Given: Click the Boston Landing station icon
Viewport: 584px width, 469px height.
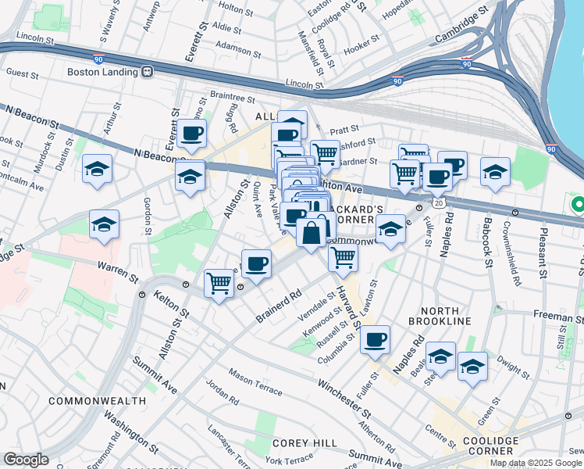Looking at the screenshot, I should (x=147, y=71).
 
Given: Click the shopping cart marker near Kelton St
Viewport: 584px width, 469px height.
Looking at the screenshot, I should (x=219, y=282).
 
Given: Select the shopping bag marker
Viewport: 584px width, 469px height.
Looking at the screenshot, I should (x=311, y=232).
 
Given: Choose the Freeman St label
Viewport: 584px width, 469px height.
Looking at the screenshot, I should (x=558, y=317).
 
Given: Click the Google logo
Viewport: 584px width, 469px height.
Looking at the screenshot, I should (x=26, y=460).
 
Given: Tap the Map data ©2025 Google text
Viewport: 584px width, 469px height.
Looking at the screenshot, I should (x=535, y=463).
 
